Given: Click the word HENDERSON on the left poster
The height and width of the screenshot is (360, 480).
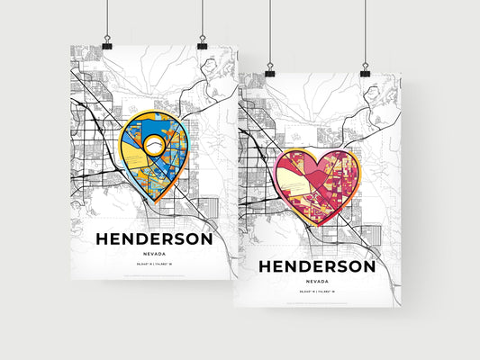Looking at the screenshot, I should pyautogui.click(x=155, y=239).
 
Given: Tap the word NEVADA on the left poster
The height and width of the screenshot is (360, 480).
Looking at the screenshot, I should pyautogui.click(x=155, y=255).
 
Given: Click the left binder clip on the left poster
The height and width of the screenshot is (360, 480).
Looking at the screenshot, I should pyautogui.click(x=107, y=43).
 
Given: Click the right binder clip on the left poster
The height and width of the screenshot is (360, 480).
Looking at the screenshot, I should pyautogui.click(x=203, y=43).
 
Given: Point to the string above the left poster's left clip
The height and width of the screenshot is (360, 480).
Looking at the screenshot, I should pyautogui.click(x=107, y=18).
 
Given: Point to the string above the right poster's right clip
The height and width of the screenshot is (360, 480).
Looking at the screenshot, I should pyautogui.click(x=365, y=31).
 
